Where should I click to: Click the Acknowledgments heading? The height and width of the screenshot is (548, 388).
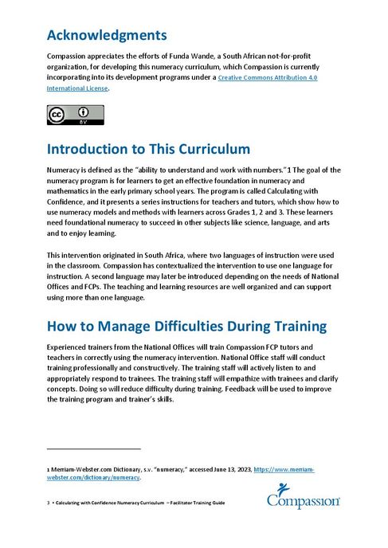pos(107,36)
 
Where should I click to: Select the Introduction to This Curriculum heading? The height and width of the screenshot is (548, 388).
pos(149,150)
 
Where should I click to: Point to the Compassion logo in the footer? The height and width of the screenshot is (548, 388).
pos(304,498)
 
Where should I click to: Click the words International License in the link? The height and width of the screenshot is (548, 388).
pos(76,88)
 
